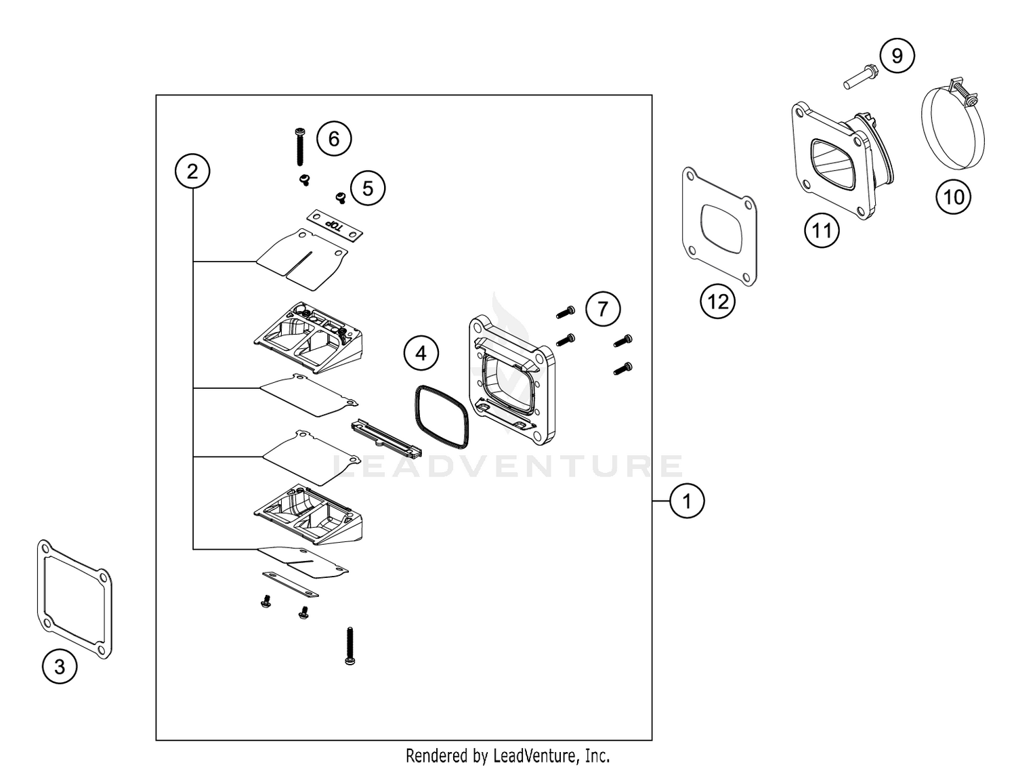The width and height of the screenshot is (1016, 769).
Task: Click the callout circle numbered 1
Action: click(x=687, y=501)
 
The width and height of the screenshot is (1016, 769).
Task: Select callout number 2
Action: click(x=192, y=171)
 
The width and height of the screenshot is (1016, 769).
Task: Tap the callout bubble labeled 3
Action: click(x=60, y=667)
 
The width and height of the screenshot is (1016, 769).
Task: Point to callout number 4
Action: click(x=421, y=353)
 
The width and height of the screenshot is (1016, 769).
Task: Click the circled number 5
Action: click(x=368, y=188)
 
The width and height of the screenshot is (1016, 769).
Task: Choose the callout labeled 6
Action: click(x=334, y=139)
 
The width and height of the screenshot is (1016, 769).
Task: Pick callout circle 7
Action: click(x=603, y=310)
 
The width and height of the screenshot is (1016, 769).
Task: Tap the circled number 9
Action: click(x=897, y=56)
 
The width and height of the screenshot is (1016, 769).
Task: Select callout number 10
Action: click(x=953, y=197)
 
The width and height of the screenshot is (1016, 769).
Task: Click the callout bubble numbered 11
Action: click(x=821, y=231)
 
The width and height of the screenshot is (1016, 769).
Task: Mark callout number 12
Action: click(x=717, y=302)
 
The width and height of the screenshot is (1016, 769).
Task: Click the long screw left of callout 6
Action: click(x=299, y=146)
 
